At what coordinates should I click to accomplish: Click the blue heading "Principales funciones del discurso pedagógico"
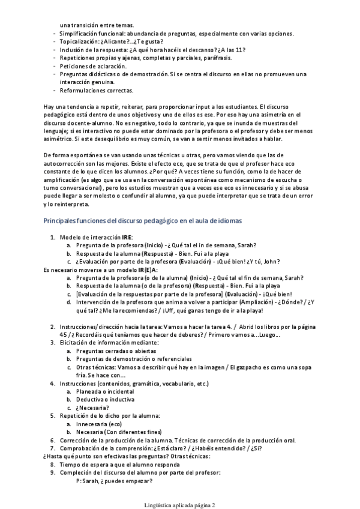143,221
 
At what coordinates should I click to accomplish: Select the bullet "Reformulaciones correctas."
97,90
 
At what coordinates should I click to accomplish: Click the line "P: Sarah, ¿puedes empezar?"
114,480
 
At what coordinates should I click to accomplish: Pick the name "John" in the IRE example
272,261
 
